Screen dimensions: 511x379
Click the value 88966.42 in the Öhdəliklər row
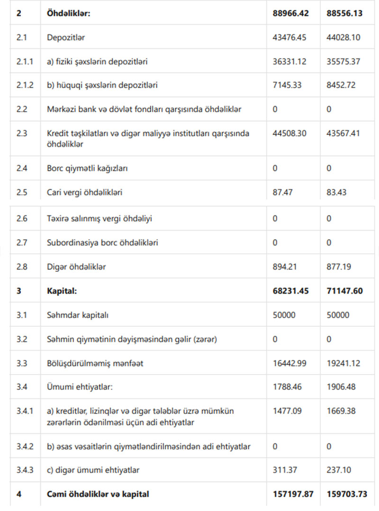tap(290, 13)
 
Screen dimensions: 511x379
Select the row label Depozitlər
tap(66, 37)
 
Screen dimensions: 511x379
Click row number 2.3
tap(22, 134)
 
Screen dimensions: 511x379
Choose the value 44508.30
tap(289, 134)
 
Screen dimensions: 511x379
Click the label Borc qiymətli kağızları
tap(88, 168)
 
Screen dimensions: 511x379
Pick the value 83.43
tap(336, 192)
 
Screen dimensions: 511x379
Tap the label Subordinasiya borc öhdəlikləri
tap(102, 242)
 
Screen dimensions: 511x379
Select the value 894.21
tap(285, 267)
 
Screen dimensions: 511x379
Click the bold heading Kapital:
tap(62, 291)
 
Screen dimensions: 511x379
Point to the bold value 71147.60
tap(344, 291)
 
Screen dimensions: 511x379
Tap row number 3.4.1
tap(25, 411)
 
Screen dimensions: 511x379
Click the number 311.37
tap(285, 470)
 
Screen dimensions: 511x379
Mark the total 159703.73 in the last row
tap(347, 494)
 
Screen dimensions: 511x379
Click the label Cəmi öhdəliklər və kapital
tap(98, 494)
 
